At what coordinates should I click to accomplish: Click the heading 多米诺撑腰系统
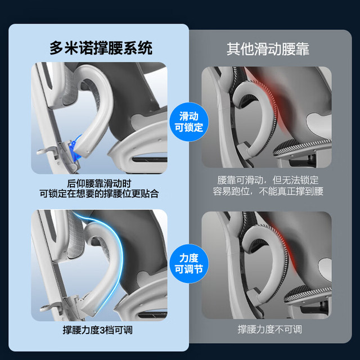tap(101, 48)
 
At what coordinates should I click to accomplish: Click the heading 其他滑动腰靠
tap(268, 49)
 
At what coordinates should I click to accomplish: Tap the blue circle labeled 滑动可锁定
tap(189, 121)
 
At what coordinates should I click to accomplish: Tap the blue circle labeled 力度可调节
tap(189, 264)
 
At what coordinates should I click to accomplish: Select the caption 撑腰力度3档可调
tap(98, 330)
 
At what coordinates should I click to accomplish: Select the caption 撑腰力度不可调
tap(270, 329)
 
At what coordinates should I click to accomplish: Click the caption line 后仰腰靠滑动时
tap(99, 183)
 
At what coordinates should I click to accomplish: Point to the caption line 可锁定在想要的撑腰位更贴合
tap(99, 193)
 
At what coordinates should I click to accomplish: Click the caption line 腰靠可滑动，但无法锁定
tap(268, 180)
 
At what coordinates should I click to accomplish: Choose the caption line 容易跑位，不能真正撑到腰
tap(268, 191)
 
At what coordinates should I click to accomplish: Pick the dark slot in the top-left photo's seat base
tap(150, 159)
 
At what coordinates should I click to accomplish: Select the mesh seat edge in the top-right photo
tap(302, 147)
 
